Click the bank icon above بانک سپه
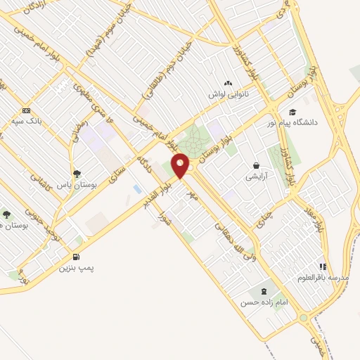click(27, 110)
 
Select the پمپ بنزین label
click(76, 267)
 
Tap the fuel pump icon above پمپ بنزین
click(76, 257)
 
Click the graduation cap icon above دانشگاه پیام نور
click(292, 111)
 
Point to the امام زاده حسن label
click(264, 302)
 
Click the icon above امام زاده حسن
click(264, 291)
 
